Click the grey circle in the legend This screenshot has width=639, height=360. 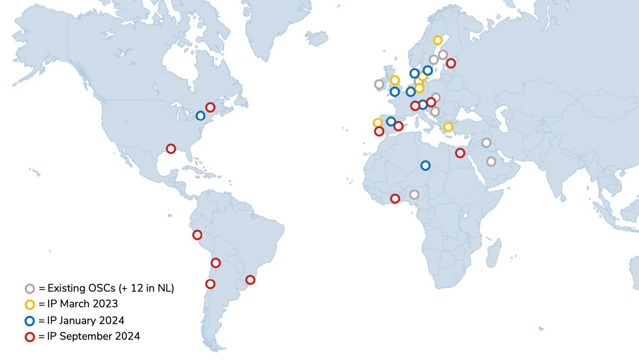pos(30,289)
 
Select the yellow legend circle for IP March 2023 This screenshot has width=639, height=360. pos(30,305)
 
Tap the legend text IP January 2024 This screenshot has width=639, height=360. pos(86,321)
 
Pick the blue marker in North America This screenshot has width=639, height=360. pos(200,116)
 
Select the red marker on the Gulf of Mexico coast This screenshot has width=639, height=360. pos(171,148)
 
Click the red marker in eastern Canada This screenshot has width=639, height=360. pos(210,107)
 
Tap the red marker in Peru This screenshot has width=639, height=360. pos(197,235)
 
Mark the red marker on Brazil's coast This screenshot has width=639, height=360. pos(250,280)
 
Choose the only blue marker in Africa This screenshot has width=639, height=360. pos(425,165)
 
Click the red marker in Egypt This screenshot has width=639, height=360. pos(460,153)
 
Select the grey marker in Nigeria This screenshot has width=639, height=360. pos(414,194)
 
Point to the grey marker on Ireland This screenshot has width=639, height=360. pos(379,84)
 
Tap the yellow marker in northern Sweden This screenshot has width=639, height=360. pos(437,40)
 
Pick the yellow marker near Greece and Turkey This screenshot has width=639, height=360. pos(448,127)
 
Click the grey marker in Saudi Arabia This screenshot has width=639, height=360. pos(491,161)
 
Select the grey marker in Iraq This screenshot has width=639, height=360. pos(486,142)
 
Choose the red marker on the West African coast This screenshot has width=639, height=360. pos(395,199)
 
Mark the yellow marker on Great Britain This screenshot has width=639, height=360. pos(395,80)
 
